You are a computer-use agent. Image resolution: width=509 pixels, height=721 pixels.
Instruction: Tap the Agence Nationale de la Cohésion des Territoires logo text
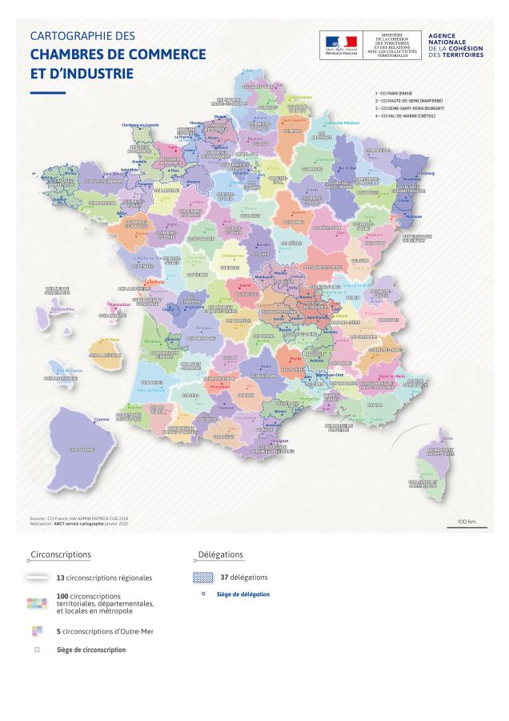(x=455, y=45)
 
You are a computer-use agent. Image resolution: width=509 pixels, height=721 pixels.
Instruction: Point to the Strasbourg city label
(x=424, y=172)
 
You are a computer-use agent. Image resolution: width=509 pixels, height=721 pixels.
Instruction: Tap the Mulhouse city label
(x=412, y=216)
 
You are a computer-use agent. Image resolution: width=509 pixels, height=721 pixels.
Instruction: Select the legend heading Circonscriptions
(x=60, y=554)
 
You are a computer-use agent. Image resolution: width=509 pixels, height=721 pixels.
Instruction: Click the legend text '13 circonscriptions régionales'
(x=104, y=577)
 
